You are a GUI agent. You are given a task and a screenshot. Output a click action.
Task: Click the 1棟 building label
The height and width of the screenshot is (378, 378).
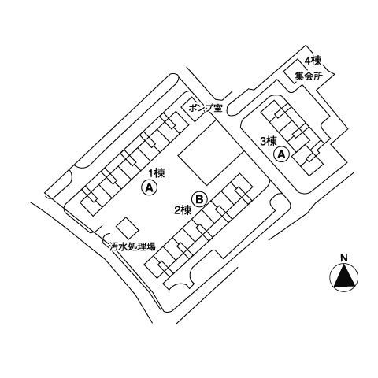pyautogui.click(x=157, y=173)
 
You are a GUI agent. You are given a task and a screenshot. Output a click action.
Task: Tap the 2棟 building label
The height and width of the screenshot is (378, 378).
pyautogui.click(x=183, y=210)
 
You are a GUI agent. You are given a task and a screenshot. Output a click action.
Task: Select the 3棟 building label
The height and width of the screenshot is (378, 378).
pyautogui.click(x=268, y=142)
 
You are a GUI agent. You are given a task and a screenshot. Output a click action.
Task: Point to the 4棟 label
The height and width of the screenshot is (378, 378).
pyautogui.click(x=313, y=61)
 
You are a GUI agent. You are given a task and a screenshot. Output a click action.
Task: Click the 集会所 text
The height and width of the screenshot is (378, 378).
pyautogui.click(x=309, y=76)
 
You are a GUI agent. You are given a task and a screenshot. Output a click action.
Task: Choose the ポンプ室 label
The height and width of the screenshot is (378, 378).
pyautogui.click(x=206, y=108)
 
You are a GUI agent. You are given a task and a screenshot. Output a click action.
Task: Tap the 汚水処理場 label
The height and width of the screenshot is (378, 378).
pyautogui.click(x=132, y=246)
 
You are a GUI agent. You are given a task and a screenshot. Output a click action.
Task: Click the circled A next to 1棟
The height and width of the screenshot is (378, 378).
pyautogui.click(x=149, y=187)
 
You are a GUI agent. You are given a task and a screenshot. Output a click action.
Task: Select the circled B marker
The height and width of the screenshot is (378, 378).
pyautogui.click(x=199, y=199)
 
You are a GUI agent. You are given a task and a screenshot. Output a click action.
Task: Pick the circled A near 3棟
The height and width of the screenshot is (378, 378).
pyautogui.click(x=281, y=154)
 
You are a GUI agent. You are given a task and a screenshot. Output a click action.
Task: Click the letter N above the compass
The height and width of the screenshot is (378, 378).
pyautogui.click(x=344, y=258)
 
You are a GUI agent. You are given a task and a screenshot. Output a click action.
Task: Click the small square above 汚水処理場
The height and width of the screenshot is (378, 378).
pyautogui.click(x=128, y=228)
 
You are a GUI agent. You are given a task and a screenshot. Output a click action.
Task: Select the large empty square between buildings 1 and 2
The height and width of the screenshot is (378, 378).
pyautogui.click(x=210, y=152)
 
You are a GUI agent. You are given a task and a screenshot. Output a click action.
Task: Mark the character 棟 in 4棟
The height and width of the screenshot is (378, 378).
pyautogui.click(x=317, y=61)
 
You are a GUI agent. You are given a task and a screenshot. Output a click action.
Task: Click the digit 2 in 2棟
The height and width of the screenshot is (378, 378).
pyautogui.click(x=177, y=211)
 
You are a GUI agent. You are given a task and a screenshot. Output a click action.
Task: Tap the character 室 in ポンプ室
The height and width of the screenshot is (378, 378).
pyautogui.click(x=218, y=108)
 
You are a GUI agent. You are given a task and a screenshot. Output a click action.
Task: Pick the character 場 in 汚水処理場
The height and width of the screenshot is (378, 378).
pyautogui.click(x=151, y=246)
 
